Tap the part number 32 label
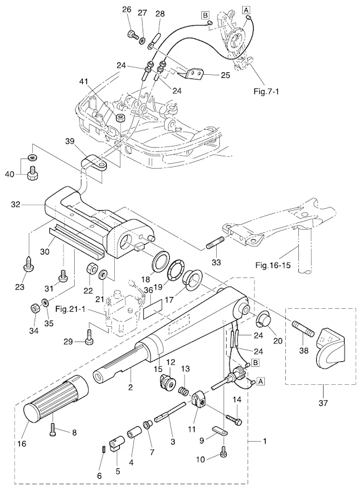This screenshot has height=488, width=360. [x=15, y=204]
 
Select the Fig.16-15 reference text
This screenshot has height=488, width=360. [x=273, y=265]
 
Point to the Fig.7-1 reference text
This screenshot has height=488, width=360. [x=266, y=92]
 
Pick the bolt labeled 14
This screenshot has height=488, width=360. [x=234, y=419]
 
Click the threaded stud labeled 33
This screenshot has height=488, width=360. [x=214, y=243]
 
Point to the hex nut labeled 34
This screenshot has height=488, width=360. [x=34, y=308]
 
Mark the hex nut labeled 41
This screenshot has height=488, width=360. [x=120, y=118]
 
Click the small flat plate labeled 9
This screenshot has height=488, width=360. [x=221, y=431]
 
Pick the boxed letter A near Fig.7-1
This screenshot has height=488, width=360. [x=246, y=10]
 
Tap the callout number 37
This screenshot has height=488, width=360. [x=323, y=403]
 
